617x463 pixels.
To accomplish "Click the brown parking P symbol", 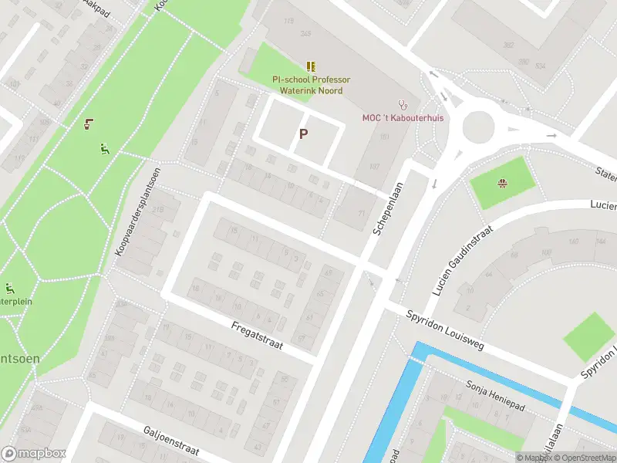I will click(x=303, y=133).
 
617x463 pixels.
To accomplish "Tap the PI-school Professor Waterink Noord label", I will click(x=311, y=85).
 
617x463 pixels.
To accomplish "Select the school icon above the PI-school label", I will click(x=311, y=67).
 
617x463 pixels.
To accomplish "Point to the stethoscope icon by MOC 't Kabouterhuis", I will click(x=401, y=103).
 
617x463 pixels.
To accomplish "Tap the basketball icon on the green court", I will click(x=503, y=183).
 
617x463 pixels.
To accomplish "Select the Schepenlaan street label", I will click(x=389, y=208).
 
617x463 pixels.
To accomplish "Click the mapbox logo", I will click(x=32, y=454).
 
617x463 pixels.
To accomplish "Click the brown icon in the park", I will click(x=90, y=123).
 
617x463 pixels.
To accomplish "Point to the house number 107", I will click(x=375, y=166).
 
